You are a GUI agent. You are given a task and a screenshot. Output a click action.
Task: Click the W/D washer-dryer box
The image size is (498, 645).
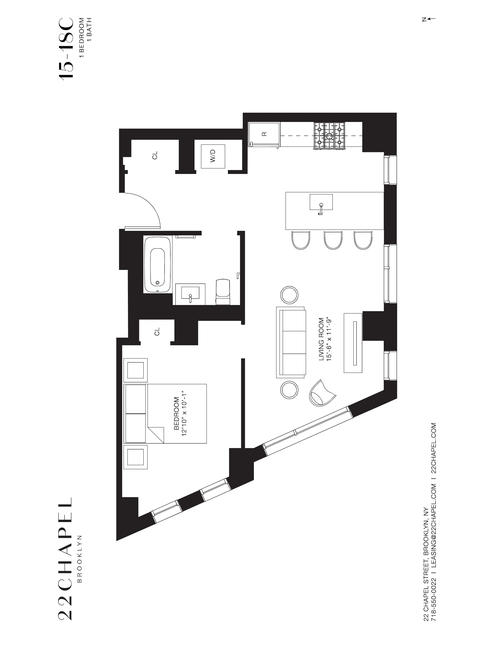point(213,156)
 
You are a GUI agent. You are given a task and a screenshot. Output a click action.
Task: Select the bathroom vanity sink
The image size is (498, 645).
point(190,294)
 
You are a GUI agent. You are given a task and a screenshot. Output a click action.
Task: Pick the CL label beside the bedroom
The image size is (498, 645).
point(157,331)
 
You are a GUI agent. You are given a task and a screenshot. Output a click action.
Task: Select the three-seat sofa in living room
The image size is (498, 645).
point(291,342)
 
